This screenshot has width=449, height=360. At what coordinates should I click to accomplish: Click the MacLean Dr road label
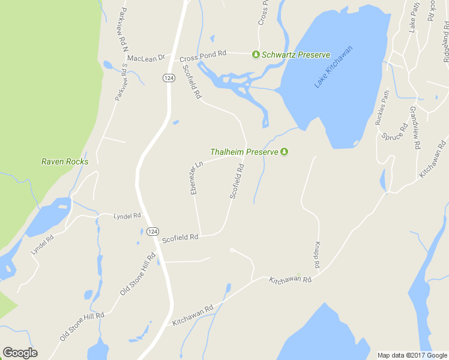145,58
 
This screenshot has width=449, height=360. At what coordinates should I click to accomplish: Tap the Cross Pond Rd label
203,55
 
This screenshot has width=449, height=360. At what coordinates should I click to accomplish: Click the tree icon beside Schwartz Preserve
256,55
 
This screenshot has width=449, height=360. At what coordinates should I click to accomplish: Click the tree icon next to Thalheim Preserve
285,152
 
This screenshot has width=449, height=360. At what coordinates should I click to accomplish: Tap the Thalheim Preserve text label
244,152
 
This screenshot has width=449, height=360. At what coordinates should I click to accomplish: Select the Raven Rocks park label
65,161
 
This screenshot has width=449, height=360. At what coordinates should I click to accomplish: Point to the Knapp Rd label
317,255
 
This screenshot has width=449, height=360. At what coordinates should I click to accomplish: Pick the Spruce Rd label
395,131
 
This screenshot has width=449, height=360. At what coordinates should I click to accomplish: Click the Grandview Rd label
415,127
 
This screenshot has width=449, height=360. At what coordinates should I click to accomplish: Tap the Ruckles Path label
382,107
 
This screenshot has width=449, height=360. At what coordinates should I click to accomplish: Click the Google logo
20,353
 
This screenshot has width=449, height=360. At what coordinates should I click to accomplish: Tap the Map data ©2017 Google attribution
412,355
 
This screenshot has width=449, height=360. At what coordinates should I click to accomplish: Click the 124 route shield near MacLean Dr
167,77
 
